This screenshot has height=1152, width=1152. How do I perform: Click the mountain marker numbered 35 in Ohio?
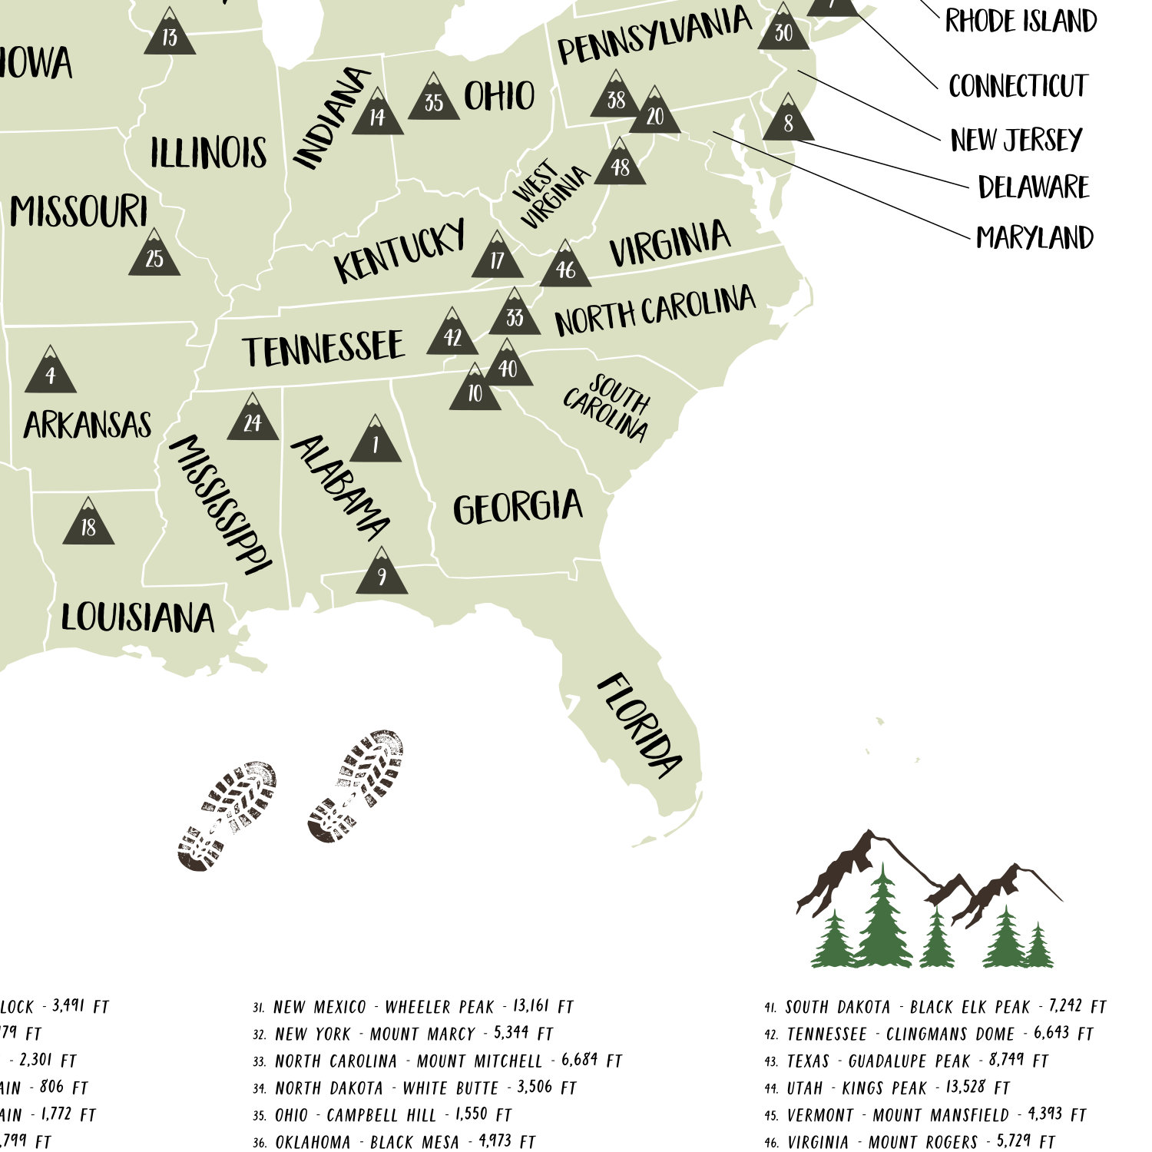(434, 99)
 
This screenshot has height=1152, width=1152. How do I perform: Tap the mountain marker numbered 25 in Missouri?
(154, 255)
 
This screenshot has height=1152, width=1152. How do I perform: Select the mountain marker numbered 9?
(382, 574)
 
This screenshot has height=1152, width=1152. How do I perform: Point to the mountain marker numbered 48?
(620, 164)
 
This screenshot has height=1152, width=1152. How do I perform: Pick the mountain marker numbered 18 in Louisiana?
(88, 524)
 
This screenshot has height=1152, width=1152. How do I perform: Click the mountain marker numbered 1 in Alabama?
(376, 442)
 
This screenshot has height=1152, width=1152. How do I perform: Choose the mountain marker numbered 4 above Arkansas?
(51, 372)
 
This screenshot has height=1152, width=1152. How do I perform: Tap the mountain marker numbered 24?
(253, 420)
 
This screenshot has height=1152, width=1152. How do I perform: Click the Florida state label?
(639, 725)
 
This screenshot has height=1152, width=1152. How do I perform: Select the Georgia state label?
(518, 508)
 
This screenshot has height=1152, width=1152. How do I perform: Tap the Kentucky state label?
(400, 250)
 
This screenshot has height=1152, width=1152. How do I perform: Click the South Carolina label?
(607, 407)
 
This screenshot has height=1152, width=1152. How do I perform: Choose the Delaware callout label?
(1034, 187)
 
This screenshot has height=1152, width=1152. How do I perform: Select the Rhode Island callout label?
(1021, 22)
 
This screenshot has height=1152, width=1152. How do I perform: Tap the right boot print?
(356, 785)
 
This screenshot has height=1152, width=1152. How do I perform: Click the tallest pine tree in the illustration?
(883, 918)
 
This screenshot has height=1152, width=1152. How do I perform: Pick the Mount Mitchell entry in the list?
(448, 1061)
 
